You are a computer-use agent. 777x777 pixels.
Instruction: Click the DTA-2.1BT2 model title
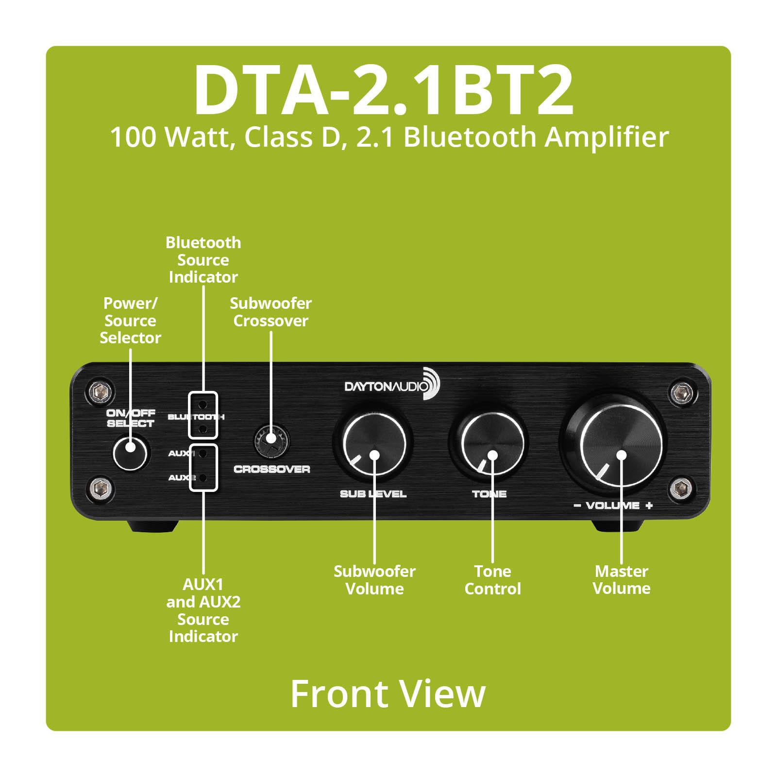pos(384,89)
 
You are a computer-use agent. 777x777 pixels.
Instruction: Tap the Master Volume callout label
pos(622,580)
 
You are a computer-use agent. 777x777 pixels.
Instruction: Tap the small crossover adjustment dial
pos(271,439)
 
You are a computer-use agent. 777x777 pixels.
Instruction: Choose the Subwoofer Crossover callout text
pos(270,312)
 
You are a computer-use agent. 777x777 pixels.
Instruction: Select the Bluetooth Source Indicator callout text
pos(203,260)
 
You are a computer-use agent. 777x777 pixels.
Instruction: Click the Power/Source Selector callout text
pos(130,321)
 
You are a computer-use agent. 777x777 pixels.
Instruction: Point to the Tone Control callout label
pos(492,580)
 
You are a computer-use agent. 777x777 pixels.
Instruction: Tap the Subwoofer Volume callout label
pos(374,580)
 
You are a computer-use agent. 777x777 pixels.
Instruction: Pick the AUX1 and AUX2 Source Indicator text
pos(203,610)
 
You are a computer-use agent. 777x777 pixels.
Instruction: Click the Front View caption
pos(388,694)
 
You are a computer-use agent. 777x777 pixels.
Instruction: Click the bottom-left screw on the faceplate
pos(100,486)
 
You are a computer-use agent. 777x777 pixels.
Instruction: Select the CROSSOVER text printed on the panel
pos(272,470)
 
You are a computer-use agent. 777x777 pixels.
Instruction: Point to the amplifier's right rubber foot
pos(617,526)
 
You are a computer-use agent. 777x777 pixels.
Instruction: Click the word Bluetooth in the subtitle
pos(469,137)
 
